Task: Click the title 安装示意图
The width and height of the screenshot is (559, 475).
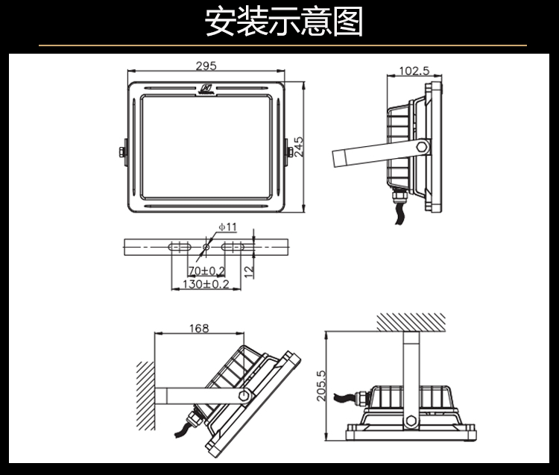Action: tap(284, 22)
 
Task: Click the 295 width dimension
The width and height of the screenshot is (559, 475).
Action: tap(206, 66)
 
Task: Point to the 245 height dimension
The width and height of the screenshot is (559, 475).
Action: tap(298, 146)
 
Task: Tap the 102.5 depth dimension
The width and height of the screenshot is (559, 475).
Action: tap(414, 71)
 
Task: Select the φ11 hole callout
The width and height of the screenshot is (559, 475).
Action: tap(227, 226)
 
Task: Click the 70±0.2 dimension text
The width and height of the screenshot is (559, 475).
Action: tap(206, 270)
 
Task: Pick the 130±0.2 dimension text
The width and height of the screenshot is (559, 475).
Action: tap(206, 284)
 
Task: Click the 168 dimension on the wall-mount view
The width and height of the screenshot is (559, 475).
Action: tap(198, 328)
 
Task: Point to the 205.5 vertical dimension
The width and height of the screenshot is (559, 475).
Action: tap(322, 386)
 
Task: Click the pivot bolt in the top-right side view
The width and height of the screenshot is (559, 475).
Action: tap(423, 146)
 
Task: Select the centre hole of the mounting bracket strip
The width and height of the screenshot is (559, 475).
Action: tap(206, 246)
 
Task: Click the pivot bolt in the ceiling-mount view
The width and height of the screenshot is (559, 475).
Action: tap(408, 421)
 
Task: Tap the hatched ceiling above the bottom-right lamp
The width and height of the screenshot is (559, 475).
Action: tap(411, 323)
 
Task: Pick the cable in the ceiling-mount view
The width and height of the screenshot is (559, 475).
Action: tap(347, 397)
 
